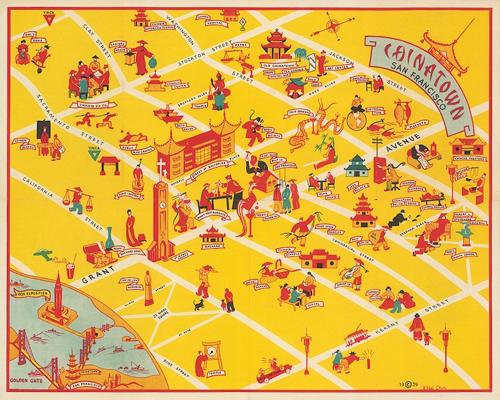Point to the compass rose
332,27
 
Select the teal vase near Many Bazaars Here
110,240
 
